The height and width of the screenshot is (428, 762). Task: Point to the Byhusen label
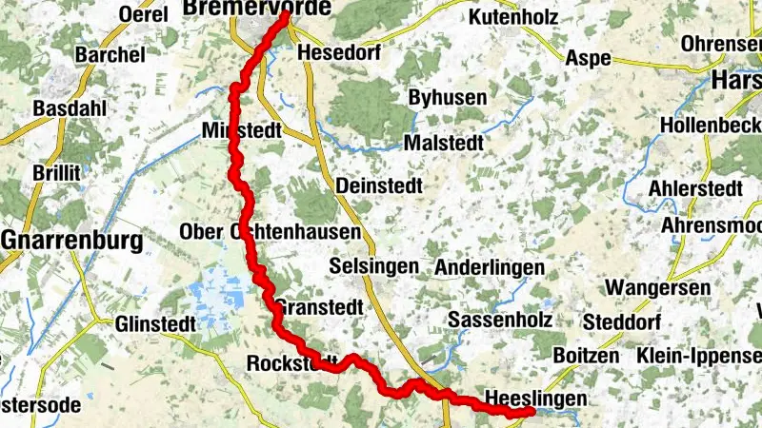click(x=447, y=98)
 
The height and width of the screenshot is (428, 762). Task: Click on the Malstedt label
click(x=444, y=142)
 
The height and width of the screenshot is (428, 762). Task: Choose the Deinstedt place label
click(x=378, y=186)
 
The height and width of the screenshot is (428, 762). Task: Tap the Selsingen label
click(x=372, y=266)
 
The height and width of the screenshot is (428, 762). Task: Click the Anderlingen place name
click(x=490, y=268)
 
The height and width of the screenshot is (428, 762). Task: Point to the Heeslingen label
click(x=531, y=398)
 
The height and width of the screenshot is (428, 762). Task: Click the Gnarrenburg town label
click(x=72, y=240)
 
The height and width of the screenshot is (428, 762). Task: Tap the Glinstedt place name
click(x=154, y=324)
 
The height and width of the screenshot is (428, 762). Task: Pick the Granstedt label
click(x=319, y=308)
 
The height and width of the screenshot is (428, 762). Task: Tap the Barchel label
click(x=110, y=55)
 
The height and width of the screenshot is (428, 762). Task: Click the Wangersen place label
click(x=658, y=287)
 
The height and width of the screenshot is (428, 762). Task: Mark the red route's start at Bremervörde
click(x=286, y=14)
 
